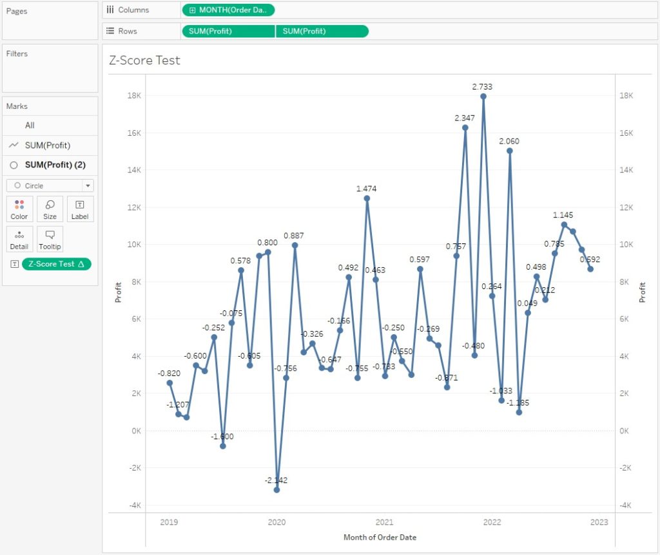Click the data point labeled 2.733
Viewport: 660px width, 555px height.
pyautogui.click(x=483, y=97)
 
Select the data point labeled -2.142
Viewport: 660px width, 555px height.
pyautogui.click(x=277, y=490)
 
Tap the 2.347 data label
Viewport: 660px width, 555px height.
pyautogui.click(x=465, y=118)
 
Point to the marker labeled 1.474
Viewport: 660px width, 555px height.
pyautogui.click(x=367, y=198)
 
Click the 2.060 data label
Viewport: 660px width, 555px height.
pyautogui.click(x=509, y=141)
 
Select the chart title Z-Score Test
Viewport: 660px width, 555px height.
pyautogui.click(x=145, y=61)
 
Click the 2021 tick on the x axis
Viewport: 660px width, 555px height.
pyautogui.click(x=384, y=522)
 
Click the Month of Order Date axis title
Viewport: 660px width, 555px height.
pyautogui.click(x=380, y=537)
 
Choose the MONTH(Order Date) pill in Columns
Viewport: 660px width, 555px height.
pyautogui.click(x=229, y=10)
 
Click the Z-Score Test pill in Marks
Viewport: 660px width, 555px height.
pyautogui.click(x=57, y=264)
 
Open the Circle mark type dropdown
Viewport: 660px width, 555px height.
pyautogui.click(x=50, y=185)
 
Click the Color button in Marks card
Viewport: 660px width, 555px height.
pyautogui.click(x=19, y=209)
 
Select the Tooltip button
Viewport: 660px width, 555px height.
pyautogui.click(x=50, y=239)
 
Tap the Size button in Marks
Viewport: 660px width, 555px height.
pyautogui.click(x=50, y=209)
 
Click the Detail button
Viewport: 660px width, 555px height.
pyautogui.click(x=19, y=239)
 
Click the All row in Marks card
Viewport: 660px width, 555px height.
pyautogui.click(x=30, y=126)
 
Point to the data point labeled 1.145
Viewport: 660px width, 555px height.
pyautogui.click(x=564, y=225)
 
